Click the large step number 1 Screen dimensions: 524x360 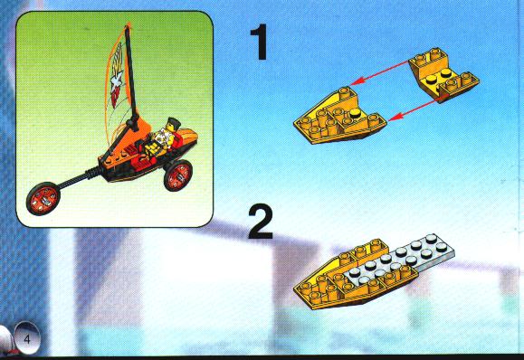click(x=260, y=42)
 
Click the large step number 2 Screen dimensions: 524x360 click(x=261, y=222)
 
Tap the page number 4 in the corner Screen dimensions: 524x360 click(x=27, y=339)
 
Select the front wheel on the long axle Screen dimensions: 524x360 click(x=43, y=198)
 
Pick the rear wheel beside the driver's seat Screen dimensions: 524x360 click(x=178, y=175)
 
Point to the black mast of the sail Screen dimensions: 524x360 click(x=132, y=78)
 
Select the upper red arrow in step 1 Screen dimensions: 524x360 click(x=380, y=73)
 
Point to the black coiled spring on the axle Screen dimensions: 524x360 click(x=92, y=173)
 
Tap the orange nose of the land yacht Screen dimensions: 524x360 click(x=187, y=136)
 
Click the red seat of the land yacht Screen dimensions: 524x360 click(x=144, y=157)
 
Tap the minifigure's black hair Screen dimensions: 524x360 click(x=174, y=121)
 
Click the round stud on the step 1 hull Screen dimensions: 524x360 click(x=355, y=114)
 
